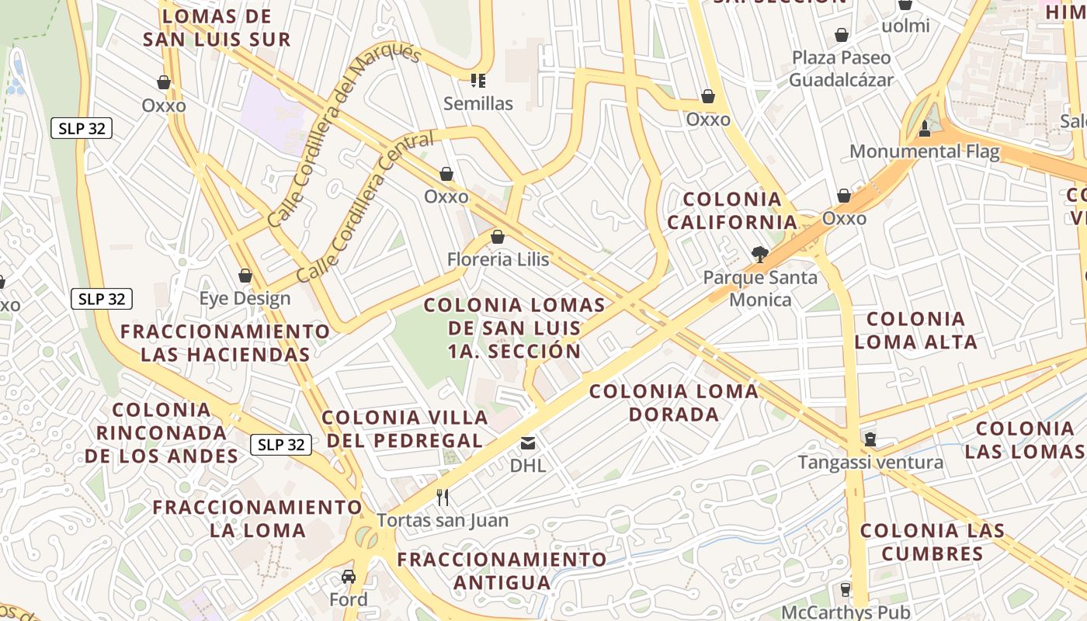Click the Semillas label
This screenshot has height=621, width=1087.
(x=478, y=103)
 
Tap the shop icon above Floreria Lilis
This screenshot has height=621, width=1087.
(x=498, y=237)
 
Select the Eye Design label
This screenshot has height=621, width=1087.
(x=245, y=299)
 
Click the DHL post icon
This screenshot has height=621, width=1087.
(x=528, y=443)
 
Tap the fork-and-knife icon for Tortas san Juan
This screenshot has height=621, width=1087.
(x=443, y=497)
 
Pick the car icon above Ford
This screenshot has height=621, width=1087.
(x=349, y=577)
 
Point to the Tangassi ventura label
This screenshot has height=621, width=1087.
(x=871, y=463)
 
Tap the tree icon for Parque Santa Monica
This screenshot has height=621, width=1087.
(x=760, y=254)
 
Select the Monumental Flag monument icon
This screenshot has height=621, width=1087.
(x=925, y=128)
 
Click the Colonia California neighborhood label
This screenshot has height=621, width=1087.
(x=732, y=210)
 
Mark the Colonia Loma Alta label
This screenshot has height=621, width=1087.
(x=915, y=330)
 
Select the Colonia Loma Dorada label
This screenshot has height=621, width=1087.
(x=673, y=402)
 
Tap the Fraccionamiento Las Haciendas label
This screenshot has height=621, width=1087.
(x=225, y=343)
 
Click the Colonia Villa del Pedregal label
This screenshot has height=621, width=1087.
(x=405, y=428)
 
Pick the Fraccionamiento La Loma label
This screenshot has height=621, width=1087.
(x=257, y=519)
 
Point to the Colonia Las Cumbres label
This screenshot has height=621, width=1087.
(x=932, y=542)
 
